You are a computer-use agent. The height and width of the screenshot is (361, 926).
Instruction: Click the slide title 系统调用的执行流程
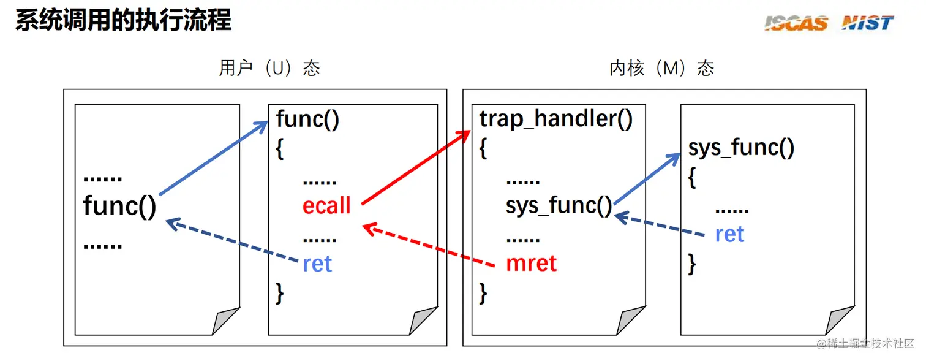point(123,20)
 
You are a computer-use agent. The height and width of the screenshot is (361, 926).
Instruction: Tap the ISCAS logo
point(796,23)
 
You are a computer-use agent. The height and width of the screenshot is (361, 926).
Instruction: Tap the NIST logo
point(867,23)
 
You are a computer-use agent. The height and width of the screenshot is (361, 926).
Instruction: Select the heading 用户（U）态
point(269,68)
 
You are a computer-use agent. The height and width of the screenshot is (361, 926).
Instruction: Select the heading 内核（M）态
point(662,68)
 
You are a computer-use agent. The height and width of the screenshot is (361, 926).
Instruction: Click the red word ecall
point(326,206)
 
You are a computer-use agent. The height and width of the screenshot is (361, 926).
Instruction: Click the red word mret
point(531,264)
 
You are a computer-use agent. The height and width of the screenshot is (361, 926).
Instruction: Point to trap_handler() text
point(556,119)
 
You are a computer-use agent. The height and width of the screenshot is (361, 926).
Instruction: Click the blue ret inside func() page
point(317,264)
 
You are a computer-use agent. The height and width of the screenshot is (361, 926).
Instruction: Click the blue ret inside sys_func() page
point(729,234)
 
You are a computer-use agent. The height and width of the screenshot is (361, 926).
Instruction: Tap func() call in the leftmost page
point(120,206)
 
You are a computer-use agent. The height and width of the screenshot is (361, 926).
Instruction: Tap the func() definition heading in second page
point(307,119)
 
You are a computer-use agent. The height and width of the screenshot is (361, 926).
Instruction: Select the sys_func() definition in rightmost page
point(741,148)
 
